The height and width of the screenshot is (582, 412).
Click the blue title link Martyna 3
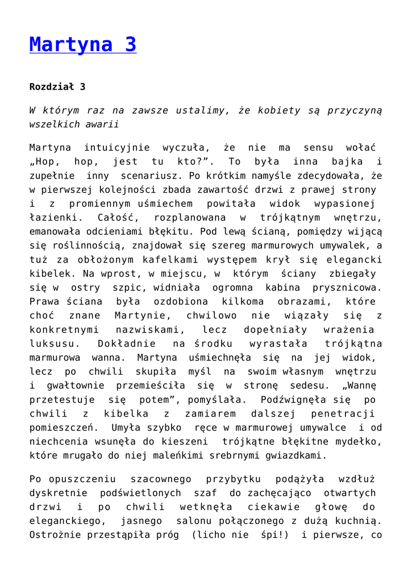[83, 45]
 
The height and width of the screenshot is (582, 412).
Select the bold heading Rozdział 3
[57, 87]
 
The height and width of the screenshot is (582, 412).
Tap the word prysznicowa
[349, 287]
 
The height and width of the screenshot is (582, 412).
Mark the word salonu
[196, 521]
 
